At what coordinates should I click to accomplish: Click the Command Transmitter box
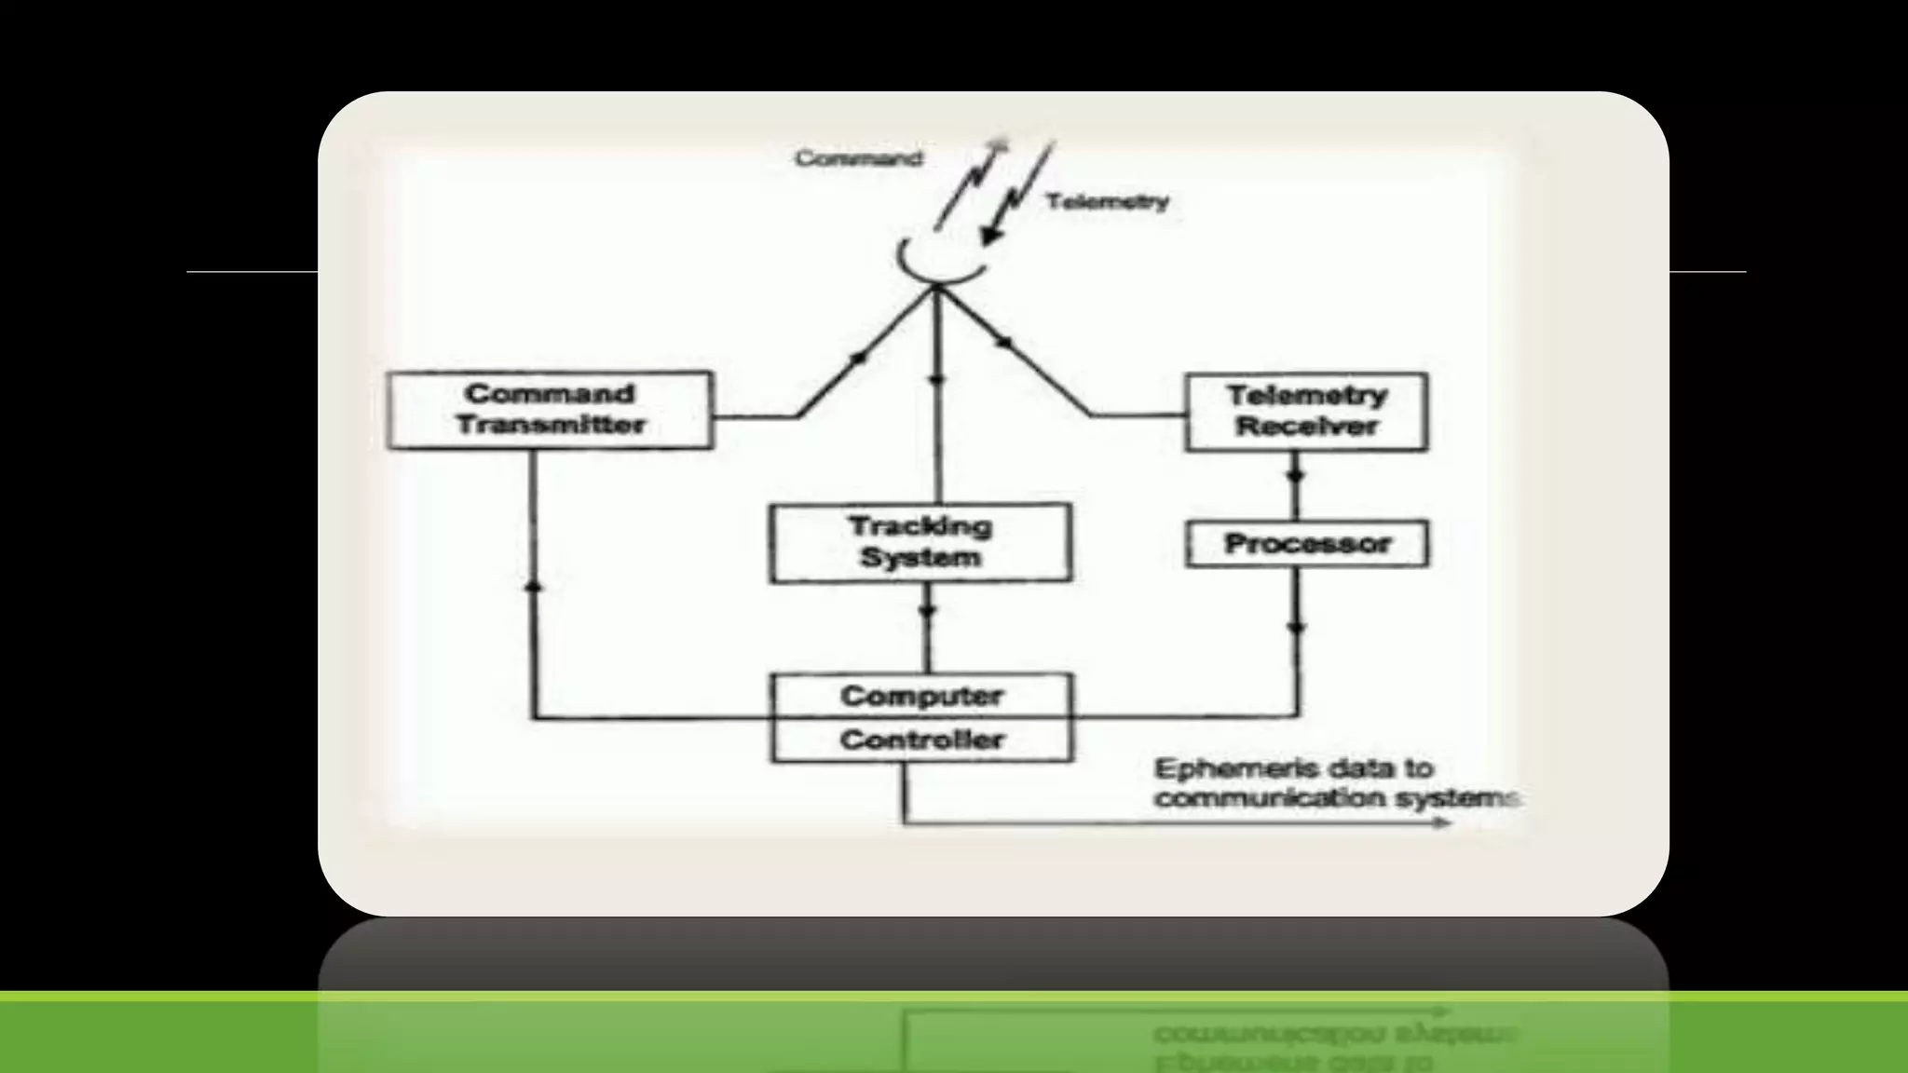[x=550, y=410]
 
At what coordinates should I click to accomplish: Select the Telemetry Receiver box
[x=1306, y=412]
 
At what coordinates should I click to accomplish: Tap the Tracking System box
[x=920, y=543]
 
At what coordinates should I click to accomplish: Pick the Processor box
[x=1306, y=544]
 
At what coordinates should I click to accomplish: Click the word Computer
[x=921, y=696]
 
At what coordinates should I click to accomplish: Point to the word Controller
[x=921, y=740]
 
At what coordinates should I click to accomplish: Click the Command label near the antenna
[x=858, y=158]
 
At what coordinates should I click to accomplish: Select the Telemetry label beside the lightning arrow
[x=1107, y=201]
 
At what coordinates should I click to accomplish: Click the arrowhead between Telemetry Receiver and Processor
[x=1295, y=476]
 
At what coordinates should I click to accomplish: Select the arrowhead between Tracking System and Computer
[x=927, y=612]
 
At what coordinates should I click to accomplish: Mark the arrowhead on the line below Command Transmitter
[x=533, y=586]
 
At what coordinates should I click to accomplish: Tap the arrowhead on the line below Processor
[x=1297, y=628]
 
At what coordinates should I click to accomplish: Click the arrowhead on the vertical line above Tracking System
[x=937, y=379]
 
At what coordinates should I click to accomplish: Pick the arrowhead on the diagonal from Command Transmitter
[x=859, y=358]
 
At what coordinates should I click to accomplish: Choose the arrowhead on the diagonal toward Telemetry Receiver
[x=1003, y=343]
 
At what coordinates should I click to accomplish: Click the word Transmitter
[x=551, y=426]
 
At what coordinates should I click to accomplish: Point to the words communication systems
[x=1337, y=799]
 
